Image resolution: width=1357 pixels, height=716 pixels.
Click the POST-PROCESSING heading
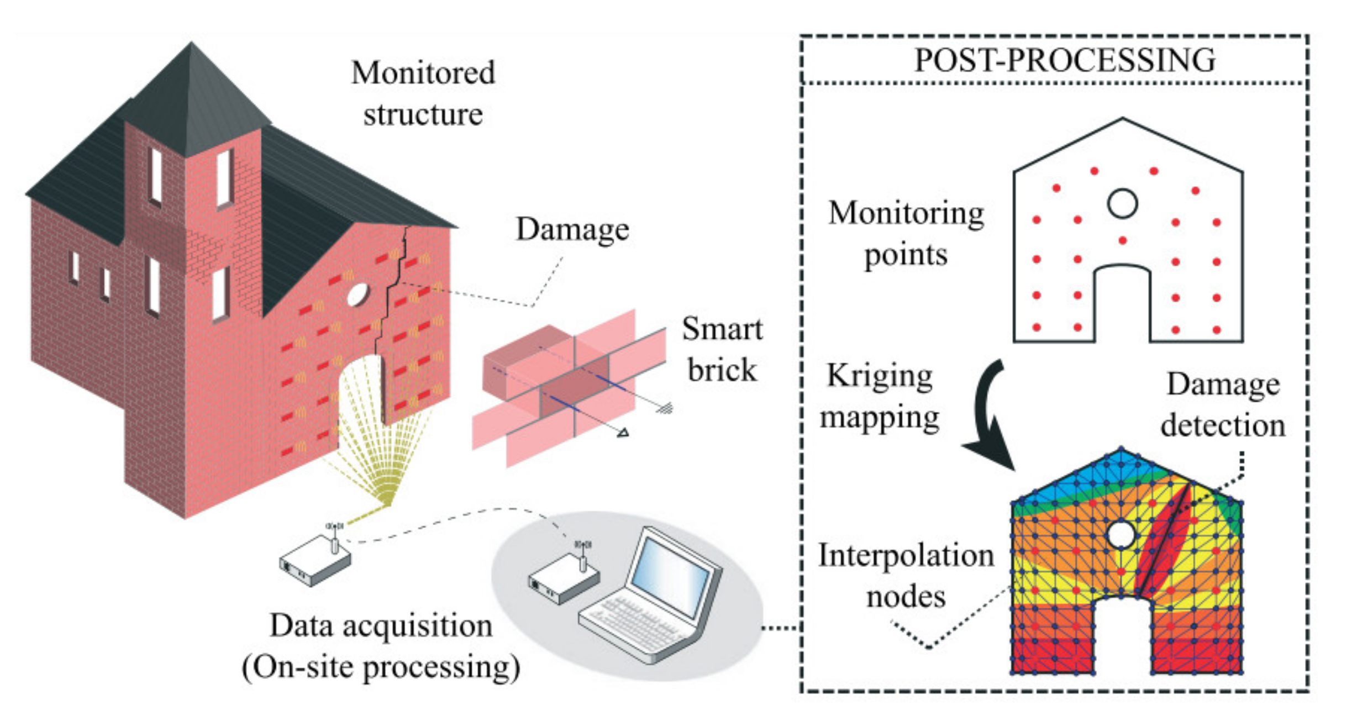[x=1065, y=60]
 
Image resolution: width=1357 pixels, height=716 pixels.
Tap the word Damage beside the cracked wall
[x=572, y=229]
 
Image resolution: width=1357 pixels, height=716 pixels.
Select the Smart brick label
[x=722, y=349]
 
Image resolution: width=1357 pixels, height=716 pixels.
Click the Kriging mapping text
[x=879, y=397]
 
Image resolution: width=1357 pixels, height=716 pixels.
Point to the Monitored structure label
[x=423, y=94]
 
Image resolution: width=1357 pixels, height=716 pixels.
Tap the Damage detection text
[x=1223, y=405]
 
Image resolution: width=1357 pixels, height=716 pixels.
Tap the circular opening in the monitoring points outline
[x=1122, y=203]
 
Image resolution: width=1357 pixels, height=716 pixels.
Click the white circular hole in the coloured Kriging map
[x=1121, y=534]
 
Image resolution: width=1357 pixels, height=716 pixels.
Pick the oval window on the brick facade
[x=357, y=294]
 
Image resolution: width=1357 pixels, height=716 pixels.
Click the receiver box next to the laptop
[x=564, y=580]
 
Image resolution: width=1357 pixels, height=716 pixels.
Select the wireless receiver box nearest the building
[x=315, y=561]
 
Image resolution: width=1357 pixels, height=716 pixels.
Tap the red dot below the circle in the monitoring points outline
[x=1122, y=240]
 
